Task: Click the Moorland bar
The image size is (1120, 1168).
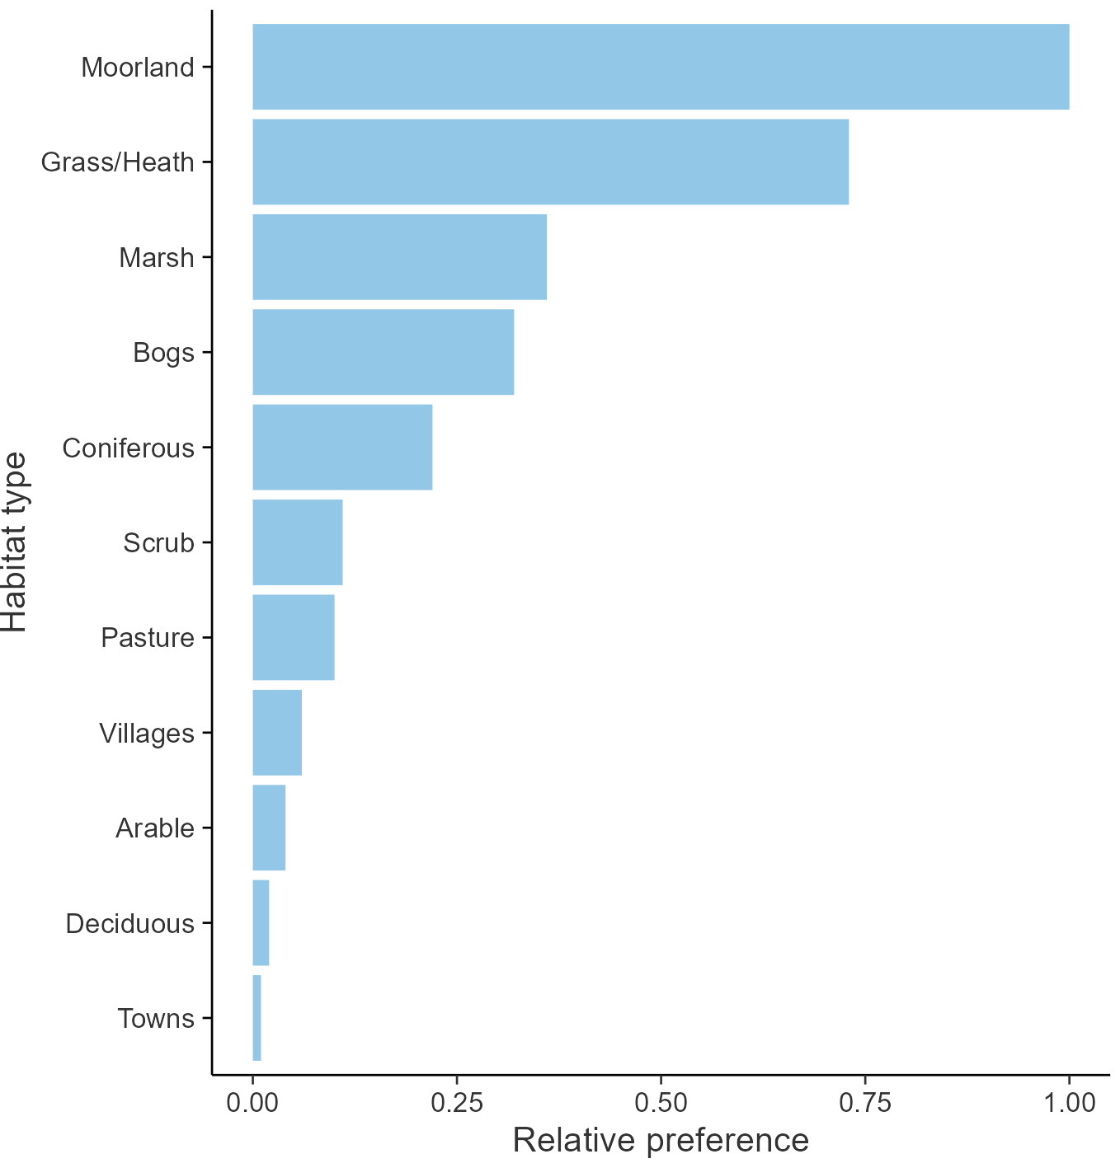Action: pyautogui.click(x=660, y=67)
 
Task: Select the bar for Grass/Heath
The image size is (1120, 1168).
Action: pyautogui.click(x=550, y=162)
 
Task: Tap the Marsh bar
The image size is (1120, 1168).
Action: pyautogui.click(x=399, y=257)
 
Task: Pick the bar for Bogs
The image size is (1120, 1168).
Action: pyautogui.click(x=383, y=352)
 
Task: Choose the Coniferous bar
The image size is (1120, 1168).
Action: pyautogui.click(x=342, y=448)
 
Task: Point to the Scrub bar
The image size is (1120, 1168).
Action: pyautogui.click(x=297, y=542)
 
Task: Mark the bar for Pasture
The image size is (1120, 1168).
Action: pyautogui.click(x=293, y=637)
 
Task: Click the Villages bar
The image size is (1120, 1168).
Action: pyautogui.click(x=276, y=733)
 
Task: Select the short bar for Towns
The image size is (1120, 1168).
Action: pyautogui.click(x=256, y=1018)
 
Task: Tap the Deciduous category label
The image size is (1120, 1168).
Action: pyautogui.click(x=129, y=923)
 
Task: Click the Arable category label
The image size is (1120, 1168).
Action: pyautogui.click(x=155, y=828)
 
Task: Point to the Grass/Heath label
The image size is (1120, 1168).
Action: pyautogui.click(x=117, y=162)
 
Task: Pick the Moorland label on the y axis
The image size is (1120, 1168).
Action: pyautogui.click(x=137, y=67)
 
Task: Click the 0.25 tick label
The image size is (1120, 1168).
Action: pyautogui.click(x=456, y=1102)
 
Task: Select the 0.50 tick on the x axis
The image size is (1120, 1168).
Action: pyautogui.click(x=661, y=1102)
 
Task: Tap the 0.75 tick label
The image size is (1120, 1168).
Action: pyautogui.click(x=865, y=1102)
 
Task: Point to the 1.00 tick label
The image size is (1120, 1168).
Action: pyautogui.click(x=1069, y=1102)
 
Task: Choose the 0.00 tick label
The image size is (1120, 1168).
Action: pyautogui.click(x=252, y=1102)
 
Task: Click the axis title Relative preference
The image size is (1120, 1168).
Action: pyautogui.click(x=661, y=1140)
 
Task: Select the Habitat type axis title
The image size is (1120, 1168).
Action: pyautogui.click(x=15, y=542)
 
